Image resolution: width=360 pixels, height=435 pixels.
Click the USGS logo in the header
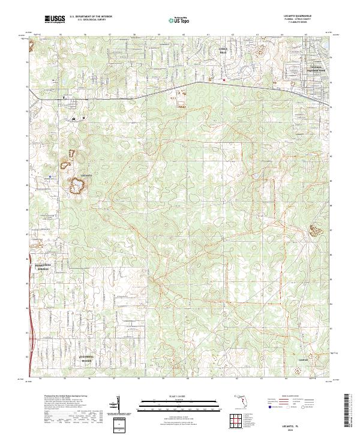point(55,20)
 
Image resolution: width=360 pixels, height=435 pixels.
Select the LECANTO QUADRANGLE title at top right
point(305,16)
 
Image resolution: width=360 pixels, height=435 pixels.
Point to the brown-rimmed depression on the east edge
point(316,229)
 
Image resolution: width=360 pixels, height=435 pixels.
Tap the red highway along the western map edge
point(29,312)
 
